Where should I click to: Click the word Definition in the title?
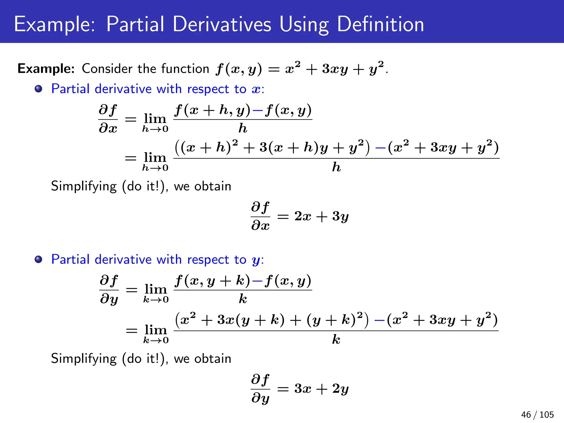click(x=380, y=24)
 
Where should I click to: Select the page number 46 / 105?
click(x=537, y=414)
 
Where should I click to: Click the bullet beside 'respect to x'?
click(x=39, y=89)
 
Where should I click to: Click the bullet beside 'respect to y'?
click(x=39, y=259)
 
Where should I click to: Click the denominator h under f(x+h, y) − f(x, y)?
click(x=243, y=128)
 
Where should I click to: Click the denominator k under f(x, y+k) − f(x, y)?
click(x=243, y=299)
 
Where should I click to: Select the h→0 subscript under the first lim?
click(x=155, y=129)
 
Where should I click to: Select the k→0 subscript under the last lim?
click(x=156, y=340)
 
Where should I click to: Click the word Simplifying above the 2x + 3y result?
click(x=84, y=186)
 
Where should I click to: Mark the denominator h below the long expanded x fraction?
click(x=336, y=167)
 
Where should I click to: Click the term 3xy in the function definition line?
click(x=335, y=69)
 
